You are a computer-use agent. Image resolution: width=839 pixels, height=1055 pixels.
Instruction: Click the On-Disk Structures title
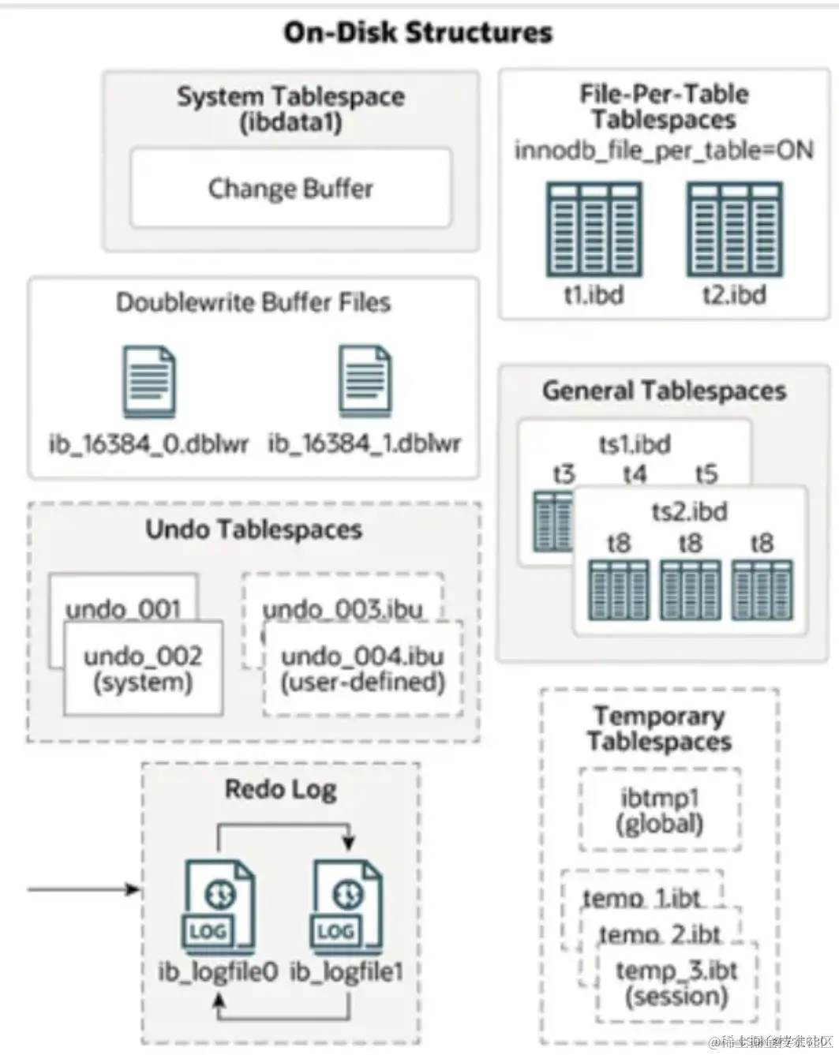tap(418, 32)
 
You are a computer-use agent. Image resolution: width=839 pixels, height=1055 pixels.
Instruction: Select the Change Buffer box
tap(290, 189)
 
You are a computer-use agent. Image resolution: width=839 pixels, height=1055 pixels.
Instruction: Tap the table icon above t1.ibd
tap(594, 230)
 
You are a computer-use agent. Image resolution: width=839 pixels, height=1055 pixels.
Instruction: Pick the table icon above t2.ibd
tap(734, 230)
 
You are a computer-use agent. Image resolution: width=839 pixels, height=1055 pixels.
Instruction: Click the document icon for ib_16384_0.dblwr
tap(149, 382)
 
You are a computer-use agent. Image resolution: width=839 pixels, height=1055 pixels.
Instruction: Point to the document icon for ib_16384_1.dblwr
tap(365, 382)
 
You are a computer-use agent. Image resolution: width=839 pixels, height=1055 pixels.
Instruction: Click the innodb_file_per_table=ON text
tap(664, 150)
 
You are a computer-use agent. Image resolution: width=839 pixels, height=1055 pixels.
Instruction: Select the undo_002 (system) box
tap(143, 668)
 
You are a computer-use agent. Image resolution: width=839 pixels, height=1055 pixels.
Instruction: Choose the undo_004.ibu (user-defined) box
tap(363, 668)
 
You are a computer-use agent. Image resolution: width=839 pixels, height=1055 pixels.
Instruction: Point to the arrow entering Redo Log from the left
tap(83, 890)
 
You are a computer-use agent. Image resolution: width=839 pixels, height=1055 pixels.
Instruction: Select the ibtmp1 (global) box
tap(660, 810)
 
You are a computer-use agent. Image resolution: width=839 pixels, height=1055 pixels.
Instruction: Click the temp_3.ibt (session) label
tap(676, 983)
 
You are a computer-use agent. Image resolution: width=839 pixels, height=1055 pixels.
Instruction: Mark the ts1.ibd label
tap(635, 444)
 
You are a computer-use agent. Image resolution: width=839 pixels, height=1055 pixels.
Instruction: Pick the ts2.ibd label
tap(689, 511)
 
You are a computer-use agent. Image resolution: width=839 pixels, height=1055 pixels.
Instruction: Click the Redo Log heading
tap(280, 789)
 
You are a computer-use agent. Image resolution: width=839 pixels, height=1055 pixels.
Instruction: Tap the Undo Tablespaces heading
tap(253, 529)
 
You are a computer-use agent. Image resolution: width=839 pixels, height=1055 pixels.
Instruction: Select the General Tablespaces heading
tap(664, 391)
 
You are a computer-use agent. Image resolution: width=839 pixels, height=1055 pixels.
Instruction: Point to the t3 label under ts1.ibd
tap(564, 474)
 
